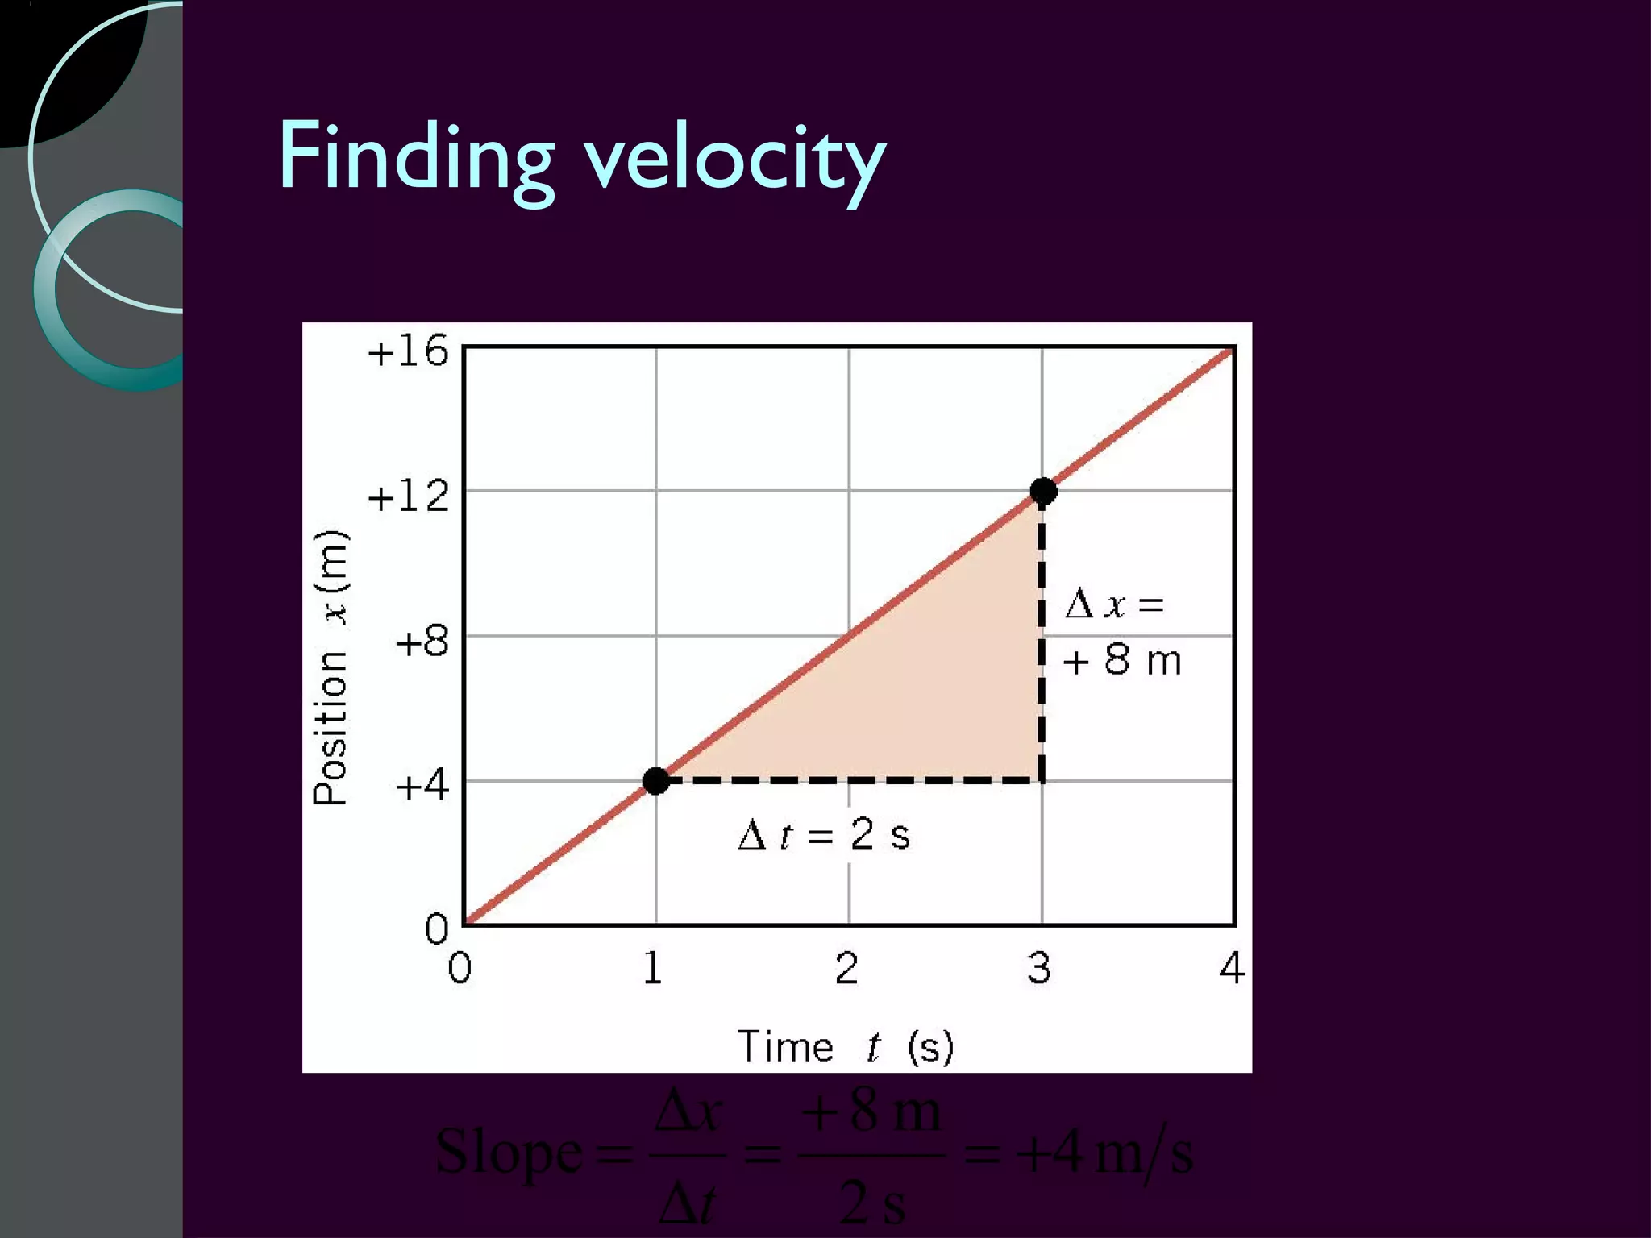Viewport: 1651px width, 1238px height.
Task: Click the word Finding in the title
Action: coord(415,157)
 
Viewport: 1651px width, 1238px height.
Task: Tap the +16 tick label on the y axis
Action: coord(407,351)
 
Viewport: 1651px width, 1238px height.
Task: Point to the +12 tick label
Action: coord(407,496)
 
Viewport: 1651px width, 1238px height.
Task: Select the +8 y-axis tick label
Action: coord(421,642)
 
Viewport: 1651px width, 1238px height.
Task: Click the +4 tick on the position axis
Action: coord(421,785)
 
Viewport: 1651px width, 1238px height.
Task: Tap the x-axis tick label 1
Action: coord(653,968)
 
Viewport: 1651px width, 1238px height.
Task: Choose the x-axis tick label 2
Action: coord(846,968)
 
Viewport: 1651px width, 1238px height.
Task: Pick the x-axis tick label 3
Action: coord(1039,968)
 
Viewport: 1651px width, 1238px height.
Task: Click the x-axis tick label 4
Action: coord(1231,968)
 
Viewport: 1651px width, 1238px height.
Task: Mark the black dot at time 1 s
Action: coord(656,780)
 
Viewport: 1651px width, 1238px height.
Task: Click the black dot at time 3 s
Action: coord(1043,490)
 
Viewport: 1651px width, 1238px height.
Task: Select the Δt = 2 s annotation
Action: coord(824,835)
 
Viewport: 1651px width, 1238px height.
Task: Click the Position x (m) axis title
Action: coord(331,668)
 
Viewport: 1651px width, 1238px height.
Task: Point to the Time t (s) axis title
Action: coord(845,1047)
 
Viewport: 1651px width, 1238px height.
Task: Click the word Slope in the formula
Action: coord(508,1153)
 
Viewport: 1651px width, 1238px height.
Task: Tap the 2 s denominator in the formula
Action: coord(871,1203)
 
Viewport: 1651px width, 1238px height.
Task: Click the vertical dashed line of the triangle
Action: coord(1041,645)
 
